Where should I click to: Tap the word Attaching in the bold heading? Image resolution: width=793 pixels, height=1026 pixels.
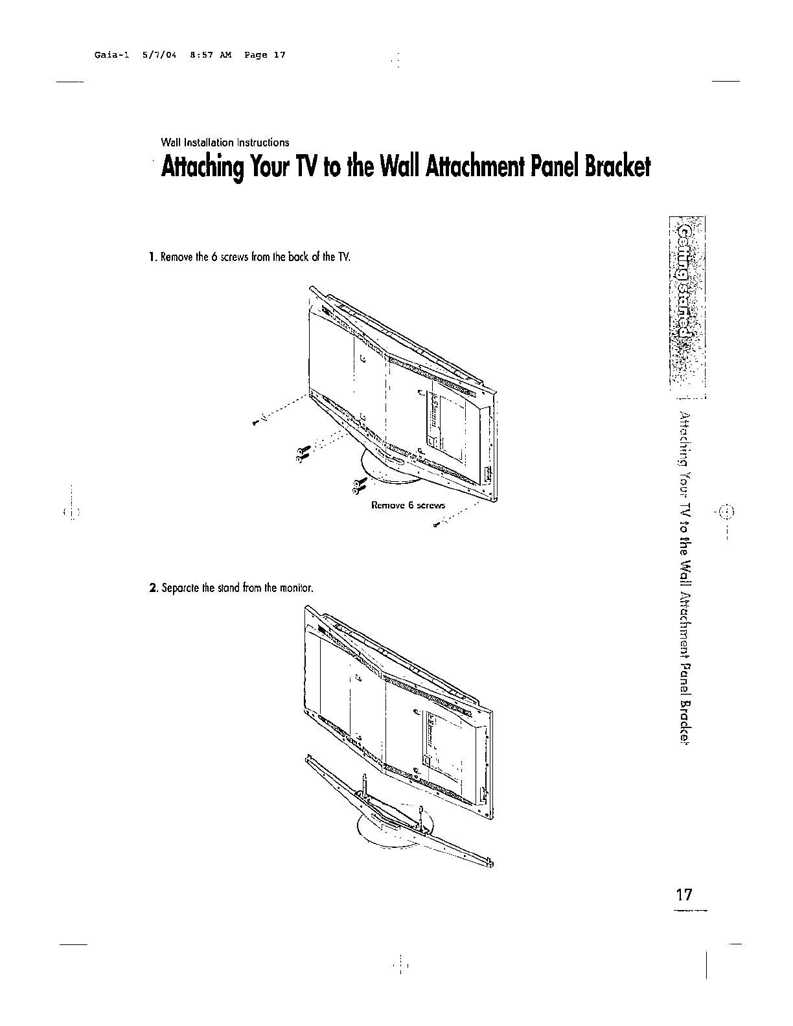coord(201,168)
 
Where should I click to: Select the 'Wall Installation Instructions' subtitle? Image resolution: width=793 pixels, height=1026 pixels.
coord(225,142)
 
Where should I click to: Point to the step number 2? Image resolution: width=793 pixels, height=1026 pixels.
coord(152,588)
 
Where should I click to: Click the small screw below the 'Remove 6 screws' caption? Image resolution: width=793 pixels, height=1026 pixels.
coord(435,525)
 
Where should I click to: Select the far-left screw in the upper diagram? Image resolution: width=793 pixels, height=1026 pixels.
coord(257,422)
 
